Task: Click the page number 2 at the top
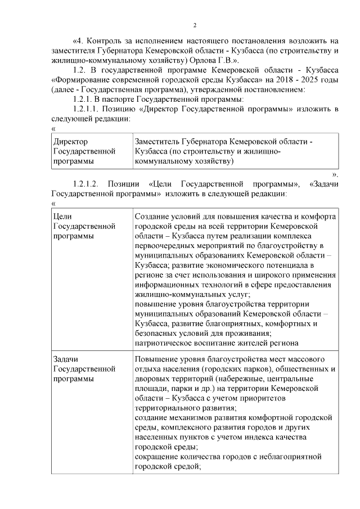tap(195, 25)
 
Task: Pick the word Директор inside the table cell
tap(70, 142)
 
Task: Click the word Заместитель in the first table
tap(160, 142)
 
